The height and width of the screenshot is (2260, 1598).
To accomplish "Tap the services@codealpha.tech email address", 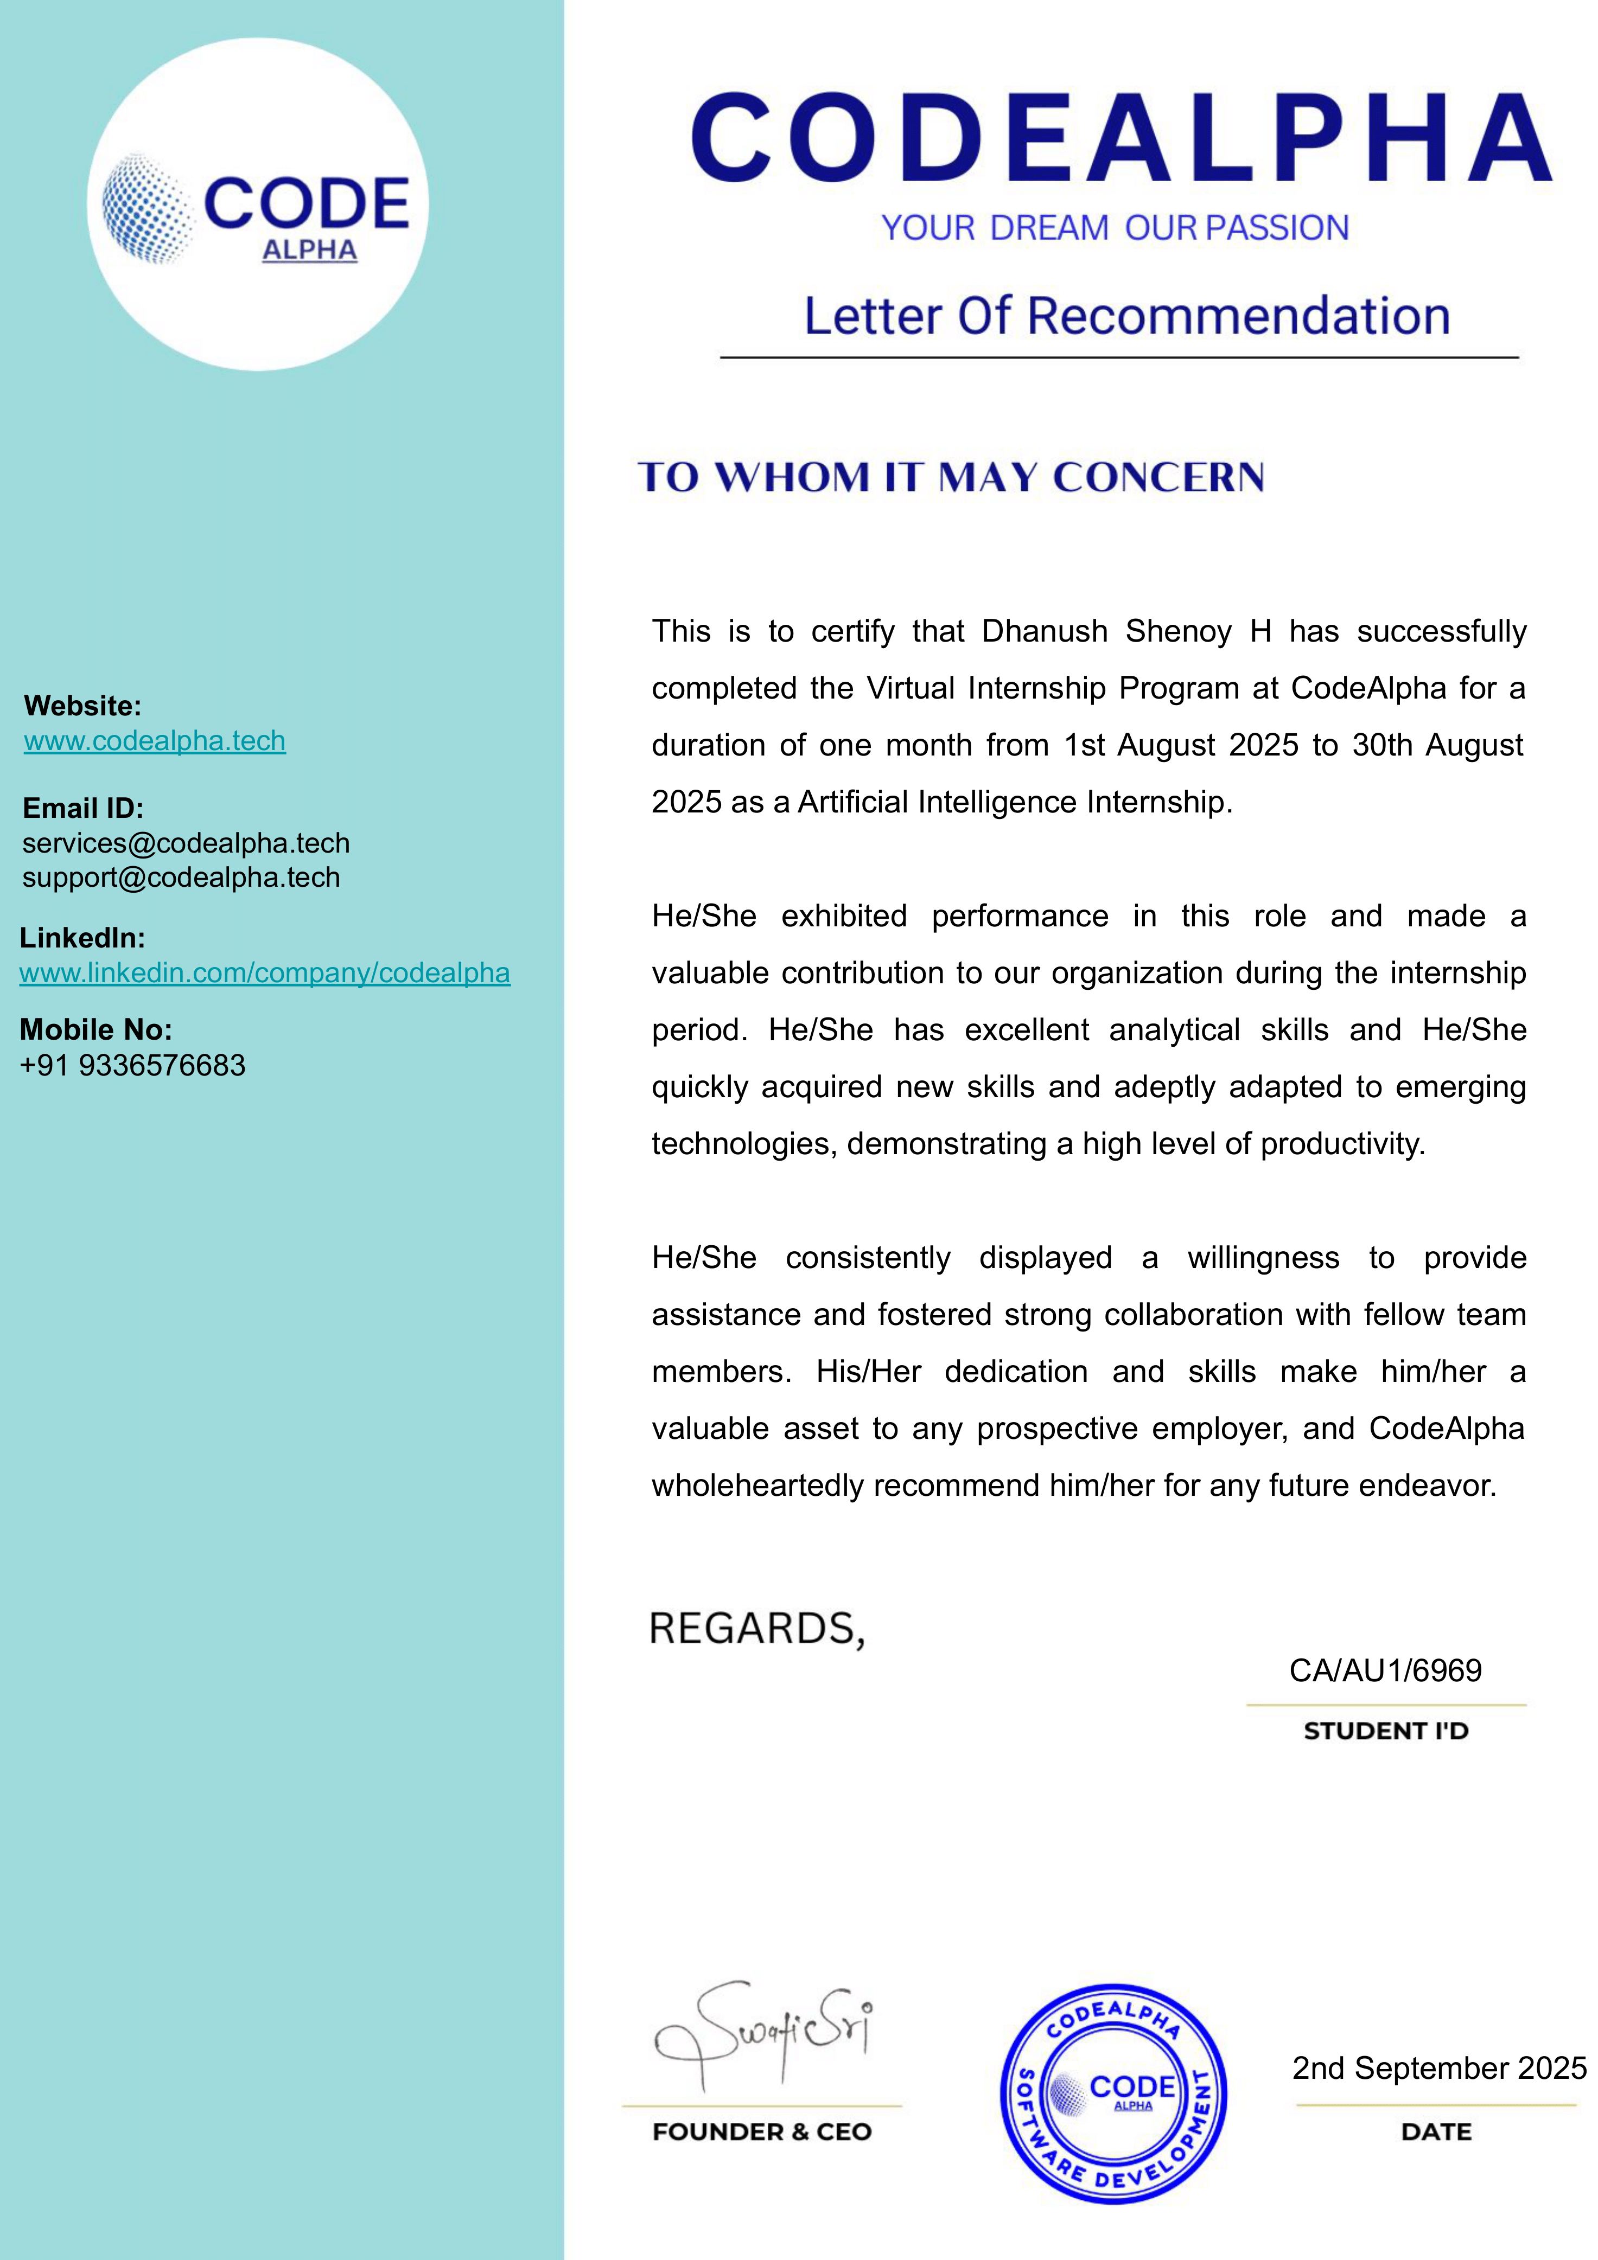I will coord(186,843).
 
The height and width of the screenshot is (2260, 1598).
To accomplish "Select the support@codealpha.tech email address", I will coord(181,877).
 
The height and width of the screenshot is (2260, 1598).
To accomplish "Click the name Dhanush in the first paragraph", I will coord(1045,631).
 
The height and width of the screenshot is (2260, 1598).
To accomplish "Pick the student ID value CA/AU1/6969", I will coord(1385,1670).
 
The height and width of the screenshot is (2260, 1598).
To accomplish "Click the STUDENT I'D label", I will coord(1385,1731).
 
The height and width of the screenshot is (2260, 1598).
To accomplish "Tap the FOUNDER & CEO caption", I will coord(762,2132).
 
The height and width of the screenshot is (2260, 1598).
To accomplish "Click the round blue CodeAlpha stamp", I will coord(1113,2092).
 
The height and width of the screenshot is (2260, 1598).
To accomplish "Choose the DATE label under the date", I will coord(1436,2132).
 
